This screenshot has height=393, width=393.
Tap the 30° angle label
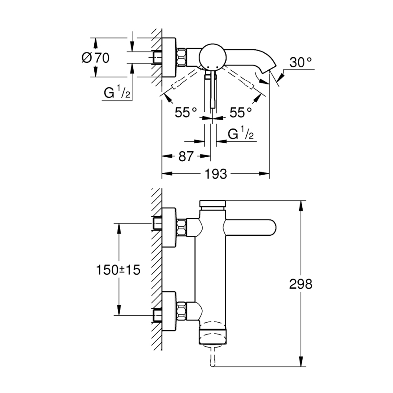[x=301, y=63]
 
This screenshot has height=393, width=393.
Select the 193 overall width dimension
[x=216, y=174]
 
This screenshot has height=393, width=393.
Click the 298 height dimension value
[x=301, y=284]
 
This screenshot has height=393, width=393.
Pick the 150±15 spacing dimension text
[x=117, y=270]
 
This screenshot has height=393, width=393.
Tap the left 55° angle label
[x=186, y=113]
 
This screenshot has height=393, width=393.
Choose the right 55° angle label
[x=241, y=113]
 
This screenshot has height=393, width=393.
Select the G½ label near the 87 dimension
[x=241, y=134]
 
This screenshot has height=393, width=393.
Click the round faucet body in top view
[x=212, y=56]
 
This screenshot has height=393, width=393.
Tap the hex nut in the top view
[x=182, y=57]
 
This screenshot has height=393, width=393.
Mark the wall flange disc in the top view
[x=169, y=57]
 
